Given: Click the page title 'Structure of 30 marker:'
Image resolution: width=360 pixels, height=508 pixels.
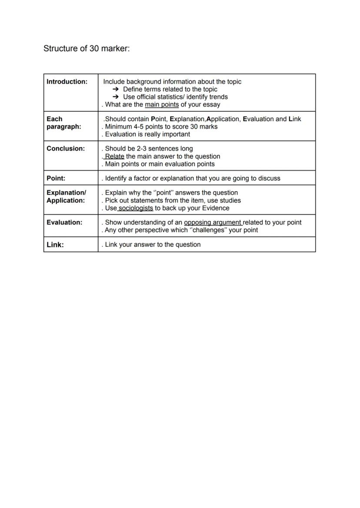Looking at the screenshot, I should point(87,49).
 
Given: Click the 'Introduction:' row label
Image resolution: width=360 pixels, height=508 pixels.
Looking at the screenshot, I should point(67,82).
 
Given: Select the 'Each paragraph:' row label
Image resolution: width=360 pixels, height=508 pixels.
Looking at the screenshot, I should point(64,123).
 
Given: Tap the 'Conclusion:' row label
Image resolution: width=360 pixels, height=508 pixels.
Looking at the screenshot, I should point(66,149).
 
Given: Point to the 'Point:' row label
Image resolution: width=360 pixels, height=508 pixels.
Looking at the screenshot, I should point(56,178).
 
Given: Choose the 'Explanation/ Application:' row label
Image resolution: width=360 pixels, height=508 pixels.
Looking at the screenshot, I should point(66,196).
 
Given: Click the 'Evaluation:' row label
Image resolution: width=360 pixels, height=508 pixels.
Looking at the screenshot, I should point(64,222).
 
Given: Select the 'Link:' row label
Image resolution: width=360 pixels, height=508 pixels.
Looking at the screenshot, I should point(55,245).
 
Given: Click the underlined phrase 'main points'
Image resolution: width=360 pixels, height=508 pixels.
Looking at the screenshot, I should point(162,105).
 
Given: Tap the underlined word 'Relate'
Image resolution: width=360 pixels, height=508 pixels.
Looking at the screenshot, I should point(114,156).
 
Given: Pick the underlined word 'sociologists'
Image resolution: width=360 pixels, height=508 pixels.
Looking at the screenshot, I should point(135,208).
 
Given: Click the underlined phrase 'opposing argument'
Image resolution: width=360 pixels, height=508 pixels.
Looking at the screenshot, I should point(213,222).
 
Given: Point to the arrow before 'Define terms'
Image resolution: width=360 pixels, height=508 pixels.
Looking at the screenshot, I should point(116,90).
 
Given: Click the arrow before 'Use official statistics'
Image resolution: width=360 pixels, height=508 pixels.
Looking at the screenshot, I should point(116,97).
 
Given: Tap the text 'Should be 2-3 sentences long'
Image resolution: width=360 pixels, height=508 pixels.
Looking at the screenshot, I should point(149,149).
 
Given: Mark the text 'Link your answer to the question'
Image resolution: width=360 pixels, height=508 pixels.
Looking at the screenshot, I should point(153,245).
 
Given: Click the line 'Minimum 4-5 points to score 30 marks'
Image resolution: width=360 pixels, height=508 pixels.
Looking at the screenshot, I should point(161,126).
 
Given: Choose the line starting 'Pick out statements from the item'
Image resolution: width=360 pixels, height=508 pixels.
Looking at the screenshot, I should point(173,200).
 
